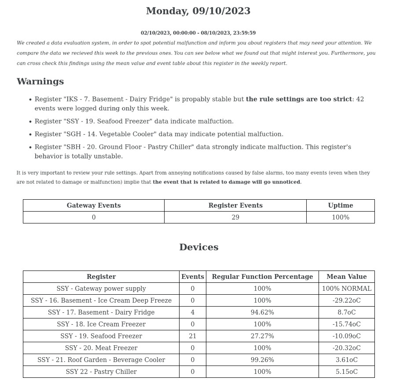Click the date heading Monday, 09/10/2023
tap(198, 11)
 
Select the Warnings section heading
tap(40, 81)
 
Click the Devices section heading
tap(198, 247)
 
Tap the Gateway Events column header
tap(93, 205)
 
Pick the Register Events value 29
tap(235, 217)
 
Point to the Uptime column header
tap(340, 205)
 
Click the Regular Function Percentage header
tap(262, 277)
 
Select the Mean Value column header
tap(346, 277)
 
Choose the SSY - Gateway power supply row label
tap(101, 289)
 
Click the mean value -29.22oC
tap(346, 300)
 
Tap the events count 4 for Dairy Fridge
tap(192, 312)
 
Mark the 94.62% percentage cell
tap(262, 312)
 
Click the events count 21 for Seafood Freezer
tap(192, 336)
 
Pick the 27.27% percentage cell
tap(262, 336)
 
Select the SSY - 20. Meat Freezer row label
tap(101, 348)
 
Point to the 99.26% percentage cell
tap(262, 360)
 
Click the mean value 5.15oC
tap(346, 372)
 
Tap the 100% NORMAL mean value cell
tap(346, 289)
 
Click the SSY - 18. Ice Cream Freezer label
tap(101, 324)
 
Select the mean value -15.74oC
tap(346, 324)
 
